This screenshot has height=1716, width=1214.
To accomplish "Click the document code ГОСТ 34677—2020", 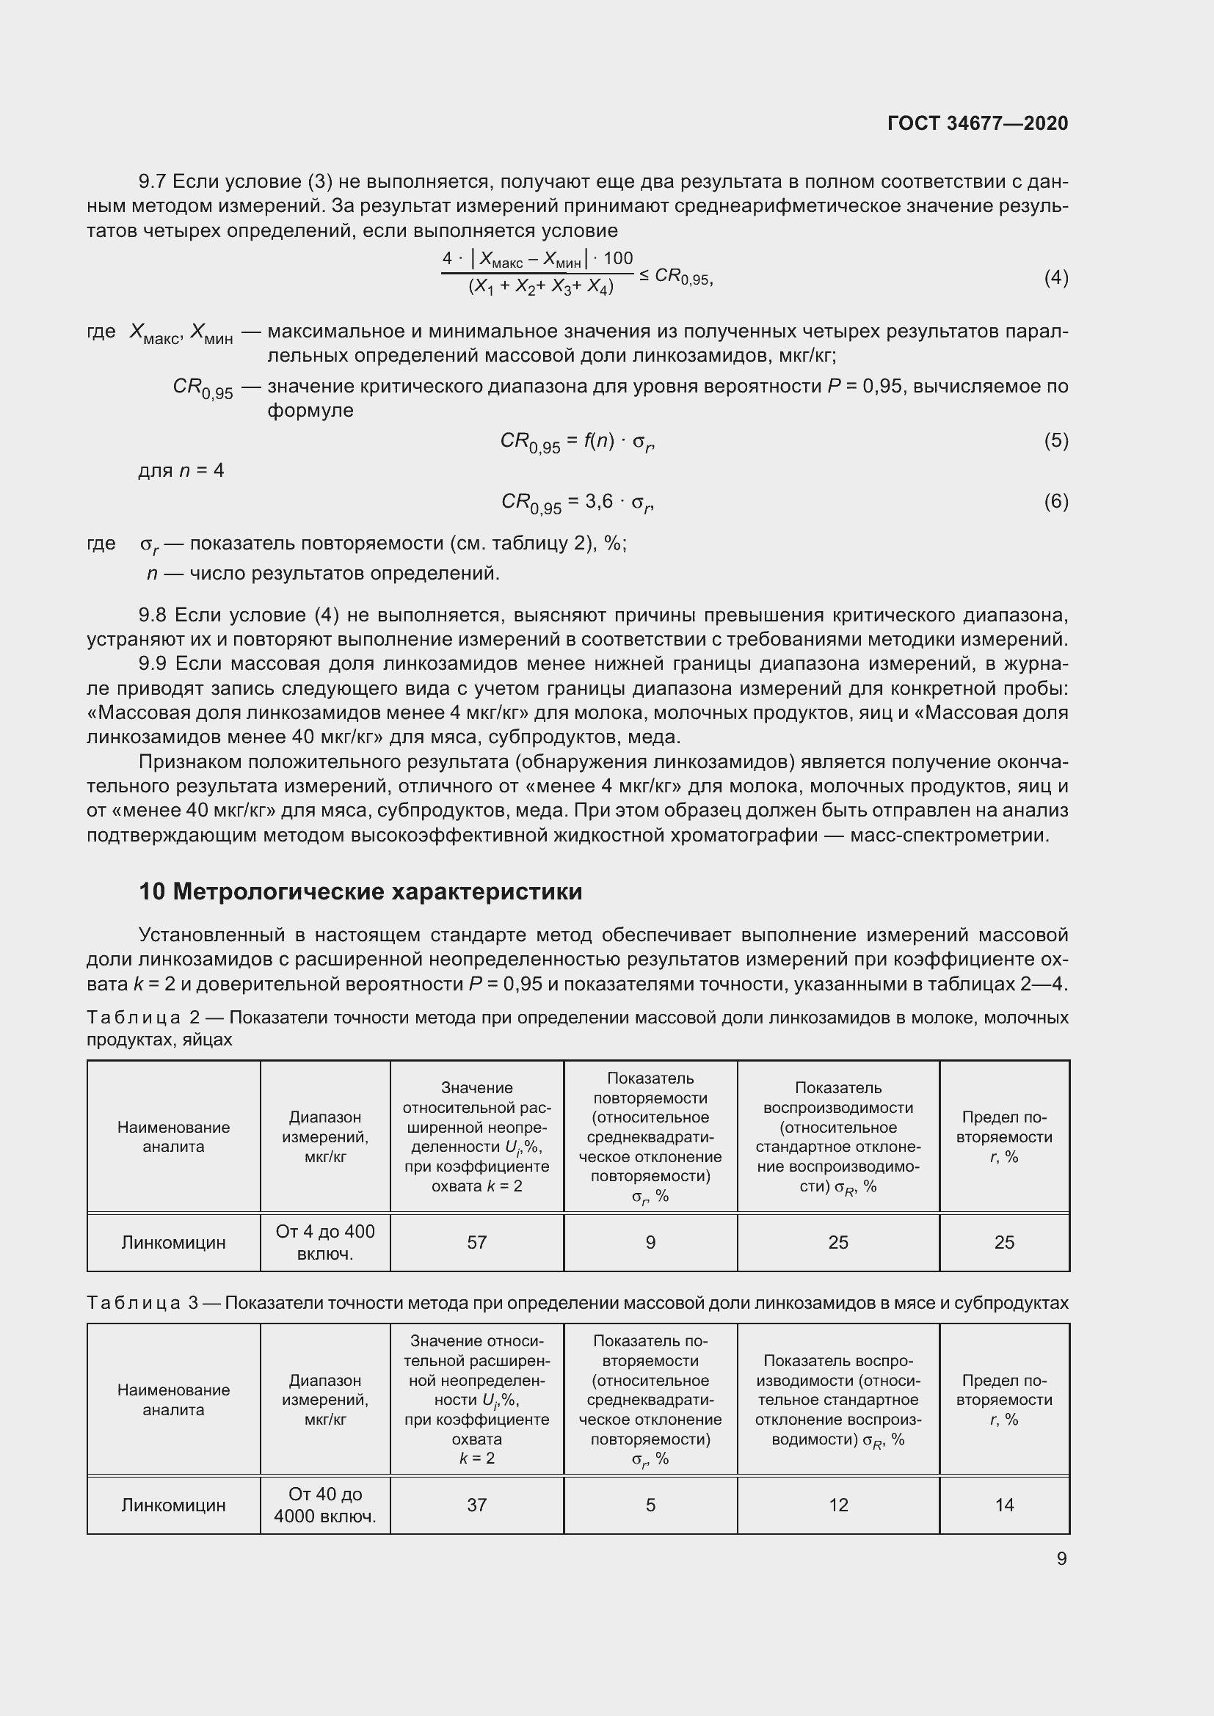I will coord(977,123).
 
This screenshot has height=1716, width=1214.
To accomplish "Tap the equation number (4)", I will coord(1055,278).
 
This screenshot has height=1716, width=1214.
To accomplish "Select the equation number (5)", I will coord(1055,440).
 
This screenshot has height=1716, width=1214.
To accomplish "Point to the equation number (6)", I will coord(1055,501).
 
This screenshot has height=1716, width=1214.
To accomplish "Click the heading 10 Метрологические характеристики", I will coord(360,891).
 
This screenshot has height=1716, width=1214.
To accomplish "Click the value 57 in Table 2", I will coord(476,1242).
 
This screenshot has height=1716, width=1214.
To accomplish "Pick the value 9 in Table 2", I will coord(650,1242).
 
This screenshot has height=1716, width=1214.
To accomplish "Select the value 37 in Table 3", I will coord(476,1505).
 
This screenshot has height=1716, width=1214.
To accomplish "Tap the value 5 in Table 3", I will coord(650,1505).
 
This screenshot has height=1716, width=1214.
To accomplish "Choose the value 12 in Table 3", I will coord(838,1505).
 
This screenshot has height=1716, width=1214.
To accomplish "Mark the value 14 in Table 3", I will coord(1004,1505).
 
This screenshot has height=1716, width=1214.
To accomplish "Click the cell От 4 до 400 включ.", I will coord(325,1242).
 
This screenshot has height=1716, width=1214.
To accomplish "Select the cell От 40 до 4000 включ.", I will coord(325,1505).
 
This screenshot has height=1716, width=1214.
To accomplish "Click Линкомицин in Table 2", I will coord(173,1242).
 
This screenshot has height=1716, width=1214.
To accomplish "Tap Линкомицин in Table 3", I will coord(173,1505).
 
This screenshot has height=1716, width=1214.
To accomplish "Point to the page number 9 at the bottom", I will coord(1061,1558).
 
